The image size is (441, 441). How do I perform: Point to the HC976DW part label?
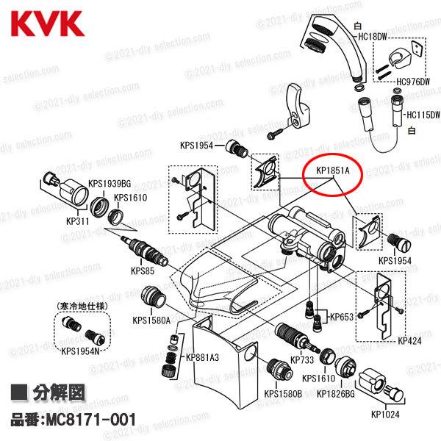[x=416, y=82]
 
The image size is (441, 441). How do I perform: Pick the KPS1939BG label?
[x=110, y=183]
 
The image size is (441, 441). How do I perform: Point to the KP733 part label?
[x=302, y=360]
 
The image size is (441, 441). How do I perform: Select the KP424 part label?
[x=411, y=341]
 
